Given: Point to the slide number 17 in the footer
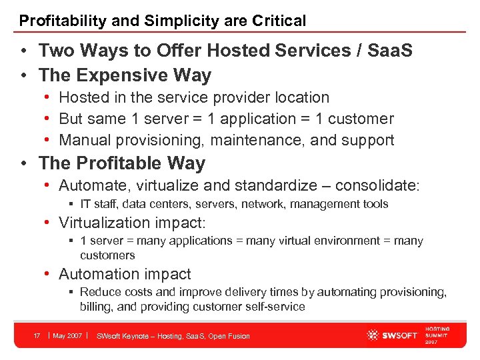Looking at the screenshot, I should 38,336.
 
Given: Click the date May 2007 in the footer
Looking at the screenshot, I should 67,336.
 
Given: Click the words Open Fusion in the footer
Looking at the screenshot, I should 229,336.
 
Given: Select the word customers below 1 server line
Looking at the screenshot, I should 107,255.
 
